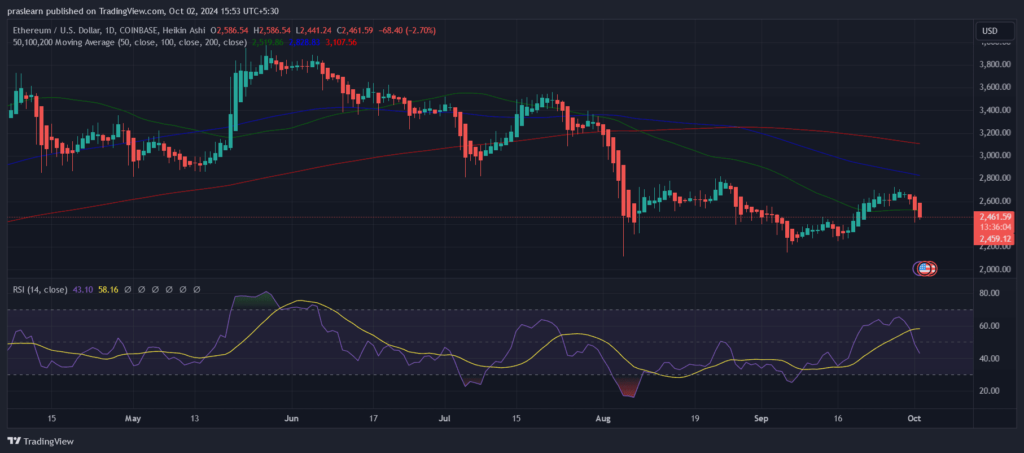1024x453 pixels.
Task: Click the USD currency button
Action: click(x=990, y=31)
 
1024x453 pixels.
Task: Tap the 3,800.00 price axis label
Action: click(x=995, y=64)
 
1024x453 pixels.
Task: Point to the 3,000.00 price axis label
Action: click(x=995, y=155)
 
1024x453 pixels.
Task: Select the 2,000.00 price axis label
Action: click(x=995, y=269)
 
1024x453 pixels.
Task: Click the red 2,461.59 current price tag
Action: click(x=995, y=217)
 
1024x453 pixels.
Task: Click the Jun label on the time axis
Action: click(x=291, y=419)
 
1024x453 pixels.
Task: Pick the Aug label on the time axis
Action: click(x=603, y=419)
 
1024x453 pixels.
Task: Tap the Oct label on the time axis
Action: click(x=914, y=419)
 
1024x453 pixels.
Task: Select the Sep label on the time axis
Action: click(x=761, y=419)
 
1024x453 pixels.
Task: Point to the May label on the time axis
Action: click(x=133, y=419)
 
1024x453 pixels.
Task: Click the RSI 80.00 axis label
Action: click(x=989, y=293)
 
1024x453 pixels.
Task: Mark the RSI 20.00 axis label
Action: click(x=989, y=391)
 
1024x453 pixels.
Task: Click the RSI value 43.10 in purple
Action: click(x=83, y=290)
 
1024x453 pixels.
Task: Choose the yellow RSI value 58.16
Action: click(x=108, y=290)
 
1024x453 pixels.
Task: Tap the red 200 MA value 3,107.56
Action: click(x=341, y=42)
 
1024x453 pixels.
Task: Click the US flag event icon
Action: click(x=924, y=268)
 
